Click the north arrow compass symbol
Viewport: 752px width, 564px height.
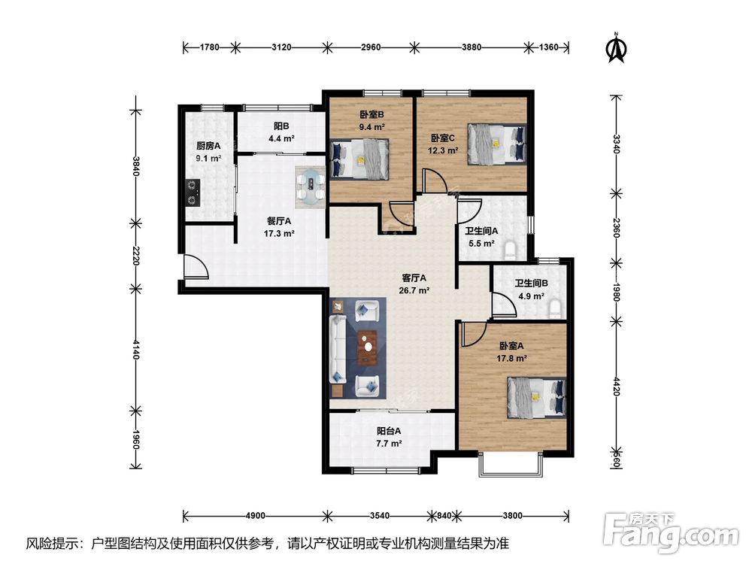tap(617, 48)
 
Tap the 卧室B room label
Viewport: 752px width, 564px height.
tap(372, 114)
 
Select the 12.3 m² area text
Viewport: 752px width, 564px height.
tap(443, 150)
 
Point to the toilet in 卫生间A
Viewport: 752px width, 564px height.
tap(511, 250)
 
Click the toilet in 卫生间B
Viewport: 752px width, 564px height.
tap(556, 309)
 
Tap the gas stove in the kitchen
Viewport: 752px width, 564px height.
tap(193, 193)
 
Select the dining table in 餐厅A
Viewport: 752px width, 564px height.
tap(311, 187)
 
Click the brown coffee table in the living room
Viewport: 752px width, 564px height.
tap(368, 346)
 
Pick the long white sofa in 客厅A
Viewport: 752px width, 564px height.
tap(338, 349)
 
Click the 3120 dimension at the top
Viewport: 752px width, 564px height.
tap(281, 47)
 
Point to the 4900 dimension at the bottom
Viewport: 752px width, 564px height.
tap(255, 516)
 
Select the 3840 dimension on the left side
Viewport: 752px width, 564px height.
tap(136, 166)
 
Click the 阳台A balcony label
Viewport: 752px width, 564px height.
tap(389, 431)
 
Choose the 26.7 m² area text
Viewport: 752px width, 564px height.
tap(414, 290)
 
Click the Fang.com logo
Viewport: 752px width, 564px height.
tap(672, 532)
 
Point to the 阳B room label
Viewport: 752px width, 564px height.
tap(281, 126)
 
